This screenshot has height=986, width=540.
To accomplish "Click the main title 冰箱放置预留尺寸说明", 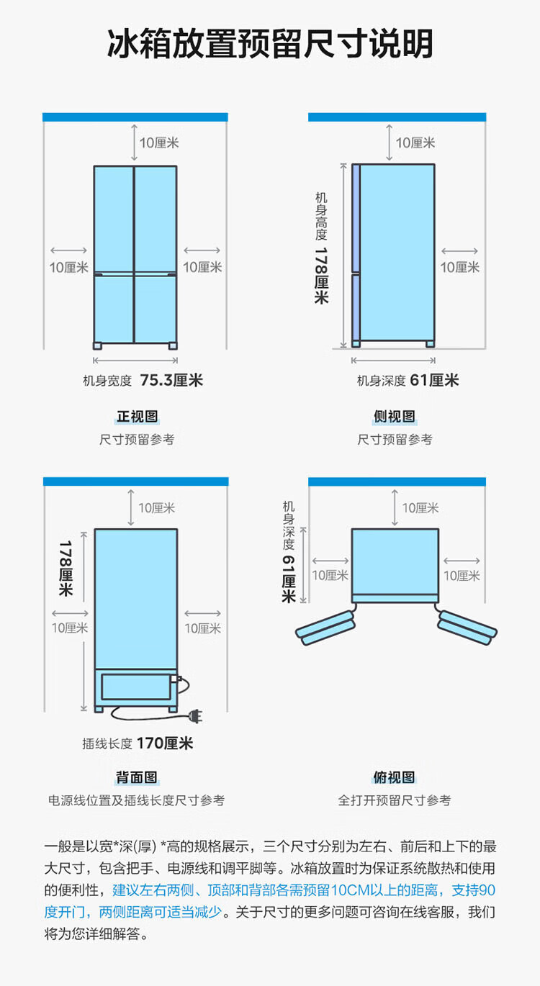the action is coord(270,45).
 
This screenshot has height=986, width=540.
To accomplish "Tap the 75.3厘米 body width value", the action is coord(171,380).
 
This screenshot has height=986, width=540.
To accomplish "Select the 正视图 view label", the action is coord(137,417).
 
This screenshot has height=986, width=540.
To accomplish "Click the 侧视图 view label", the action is coord(395,417).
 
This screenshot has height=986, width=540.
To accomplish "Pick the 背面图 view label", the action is coord(137,777).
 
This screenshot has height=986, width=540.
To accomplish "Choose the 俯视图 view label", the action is coord(395,777).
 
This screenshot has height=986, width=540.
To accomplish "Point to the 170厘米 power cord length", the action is coord(164,743).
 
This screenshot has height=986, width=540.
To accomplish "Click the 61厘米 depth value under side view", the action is coord(434,380).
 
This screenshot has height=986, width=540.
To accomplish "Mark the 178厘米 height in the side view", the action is coord(321,275).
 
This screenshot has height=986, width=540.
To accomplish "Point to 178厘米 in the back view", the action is coord(66,568).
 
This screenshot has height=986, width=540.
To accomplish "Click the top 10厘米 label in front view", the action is coord(158,143).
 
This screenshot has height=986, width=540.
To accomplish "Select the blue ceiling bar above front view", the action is coord(135,117).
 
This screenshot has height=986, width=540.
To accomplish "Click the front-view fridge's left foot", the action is coord(98,345).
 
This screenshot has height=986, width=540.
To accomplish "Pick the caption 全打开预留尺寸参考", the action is coord(395,800).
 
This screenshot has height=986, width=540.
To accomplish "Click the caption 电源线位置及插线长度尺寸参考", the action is coord(137,800).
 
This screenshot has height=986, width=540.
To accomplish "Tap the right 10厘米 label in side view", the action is coord(459,267).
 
